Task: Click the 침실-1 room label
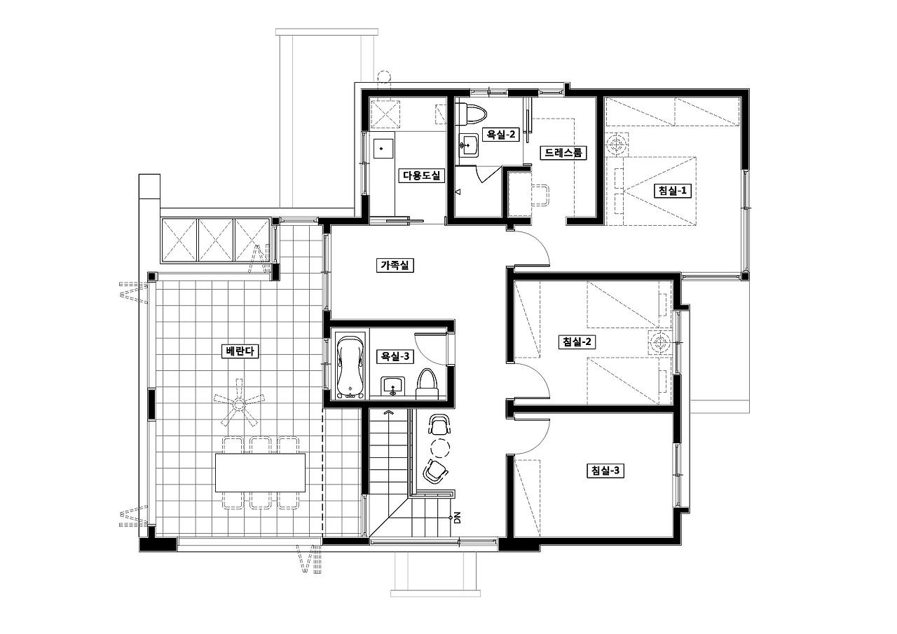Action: point(672,191)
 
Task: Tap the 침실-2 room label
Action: point(577,342)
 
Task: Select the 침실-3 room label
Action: point(605,470)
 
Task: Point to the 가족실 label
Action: point(395,265)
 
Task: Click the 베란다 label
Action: point(240,351)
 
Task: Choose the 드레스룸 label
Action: point(563,153)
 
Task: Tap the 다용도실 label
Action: point(421,175)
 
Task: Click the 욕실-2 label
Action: point(500,134)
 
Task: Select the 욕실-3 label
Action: point(395,356)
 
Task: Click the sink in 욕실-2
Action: point(468,145)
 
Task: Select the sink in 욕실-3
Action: point(393,386)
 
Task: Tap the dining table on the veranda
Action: point(260,473)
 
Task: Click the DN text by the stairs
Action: point(458,518)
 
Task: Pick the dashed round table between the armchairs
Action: point(440,447)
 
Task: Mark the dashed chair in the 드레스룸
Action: point(540,195)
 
